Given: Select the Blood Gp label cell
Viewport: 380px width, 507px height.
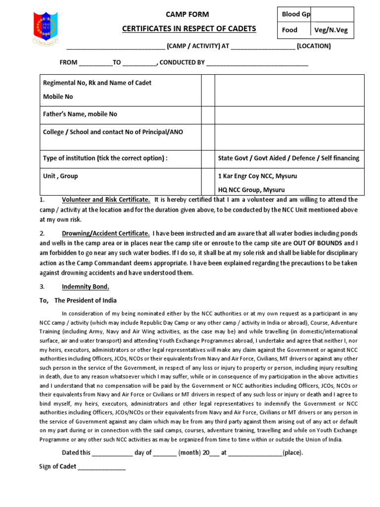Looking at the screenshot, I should (x=295, y=14).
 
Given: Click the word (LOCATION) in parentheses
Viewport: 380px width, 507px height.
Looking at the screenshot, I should (x=314, y=47).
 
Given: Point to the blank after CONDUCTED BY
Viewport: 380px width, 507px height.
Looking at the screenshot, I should (x=257, y=63).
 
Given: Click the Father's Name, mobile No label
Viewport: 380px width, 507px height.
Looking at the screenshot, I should (x=81, y=114).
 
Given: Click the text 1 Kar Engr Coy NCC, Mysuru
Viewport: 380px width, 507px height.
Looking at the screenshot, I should (x=258, y=176).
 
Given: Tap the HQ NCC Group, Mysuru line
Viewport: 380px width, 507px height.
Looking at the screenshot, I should (x=251, y=190).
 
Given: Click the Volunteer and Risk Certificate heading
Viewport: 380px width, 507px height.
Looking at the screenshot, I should (x=106, y=200).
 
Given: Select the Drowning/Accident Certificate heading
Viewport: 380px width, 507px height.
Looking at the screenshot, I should (x=105, y=233).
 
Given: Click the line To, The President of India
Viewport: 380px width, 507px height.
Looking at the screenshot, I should (x=78, y=301).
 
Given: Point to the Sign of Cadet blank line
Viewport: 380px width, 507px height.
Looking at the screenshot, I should (x=101, y=467).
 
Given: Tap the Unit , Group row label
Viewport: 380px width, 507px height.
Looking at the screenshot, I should (x=61, y=176).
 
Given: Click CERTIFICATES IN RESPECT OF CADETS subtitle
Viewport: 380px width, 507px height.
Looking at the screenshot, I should (x=189, y=29).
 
